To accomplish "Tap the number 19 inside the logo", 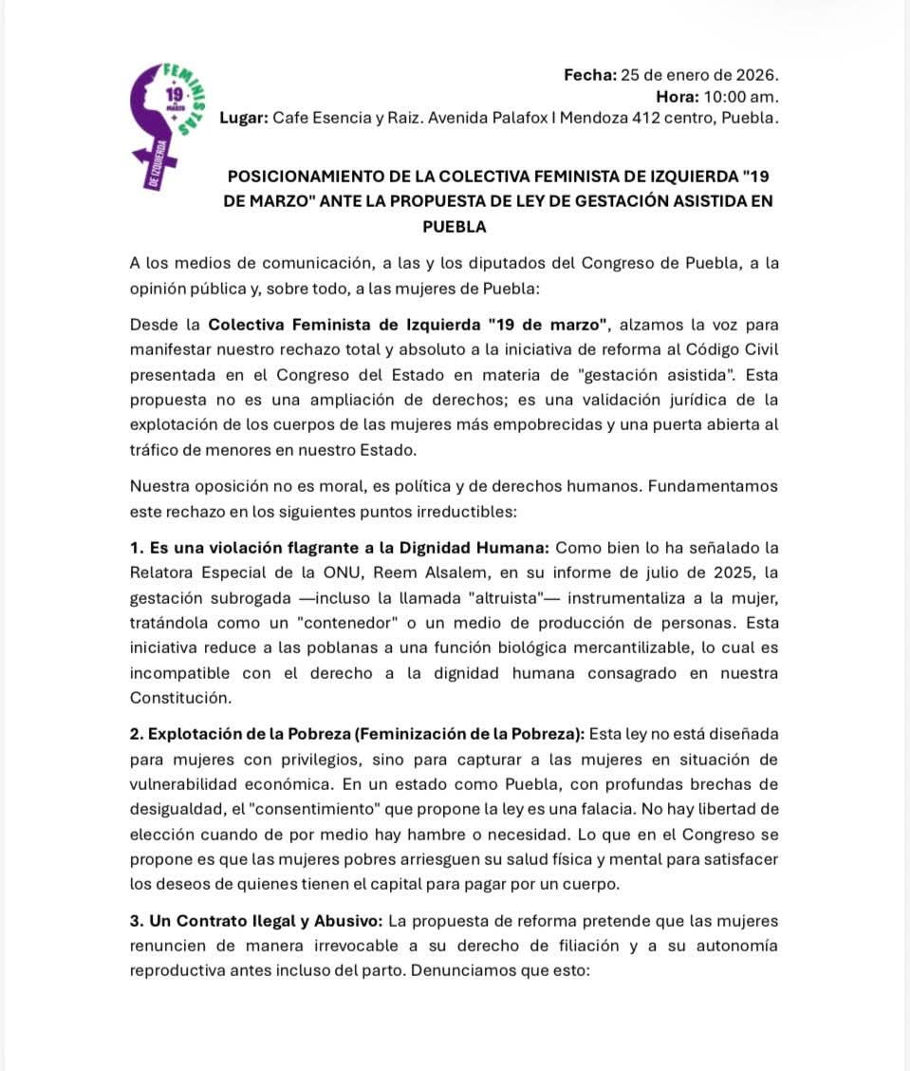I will [174, 95].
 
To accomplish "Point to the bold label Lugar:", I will [243, 119].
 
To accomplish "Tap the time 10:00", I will [725, 97].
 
